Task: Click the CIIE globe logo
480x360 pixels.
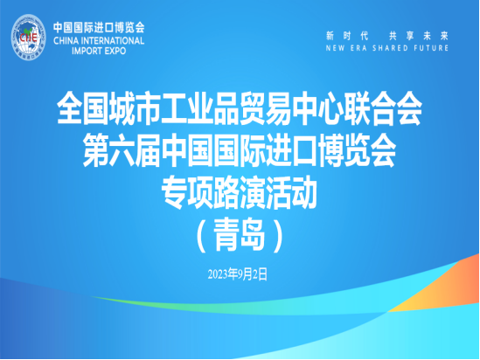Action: click(28, 37)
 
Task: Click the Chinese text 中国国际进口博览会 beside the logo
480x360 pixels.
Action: click(99, 28)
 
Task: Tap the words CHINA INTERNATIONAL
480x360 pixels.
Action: click(99, 41)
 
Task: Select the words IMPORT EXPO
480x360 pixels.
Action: click(99, 51)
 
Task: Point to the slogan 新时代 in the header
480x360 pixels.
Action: click(347, 36)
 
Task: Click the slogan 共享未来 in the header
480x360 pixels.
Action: click(419, 36)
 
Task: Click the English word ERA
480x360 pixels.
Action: click(358, 48)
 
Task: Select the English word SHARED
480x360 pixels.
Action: click(390, 48)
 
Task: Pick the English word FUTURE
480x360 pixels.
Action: click(431, 48)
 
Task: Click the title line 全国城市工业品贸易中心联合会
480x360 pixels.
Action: click(240, 108)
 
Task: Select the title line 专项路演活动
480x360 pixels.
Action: click(239, 192)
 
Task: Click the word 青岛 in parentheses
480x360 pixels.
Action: click(239, 235)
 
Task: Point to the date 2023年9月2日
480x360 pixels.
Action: click(238, 274)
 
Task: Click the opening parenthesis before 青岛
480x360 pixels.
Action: click(201, 235)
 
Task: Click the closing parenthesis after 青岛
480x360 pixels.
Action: click(278, 235)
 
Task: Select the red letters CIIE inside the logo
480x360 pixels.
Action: click(28, 38)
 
